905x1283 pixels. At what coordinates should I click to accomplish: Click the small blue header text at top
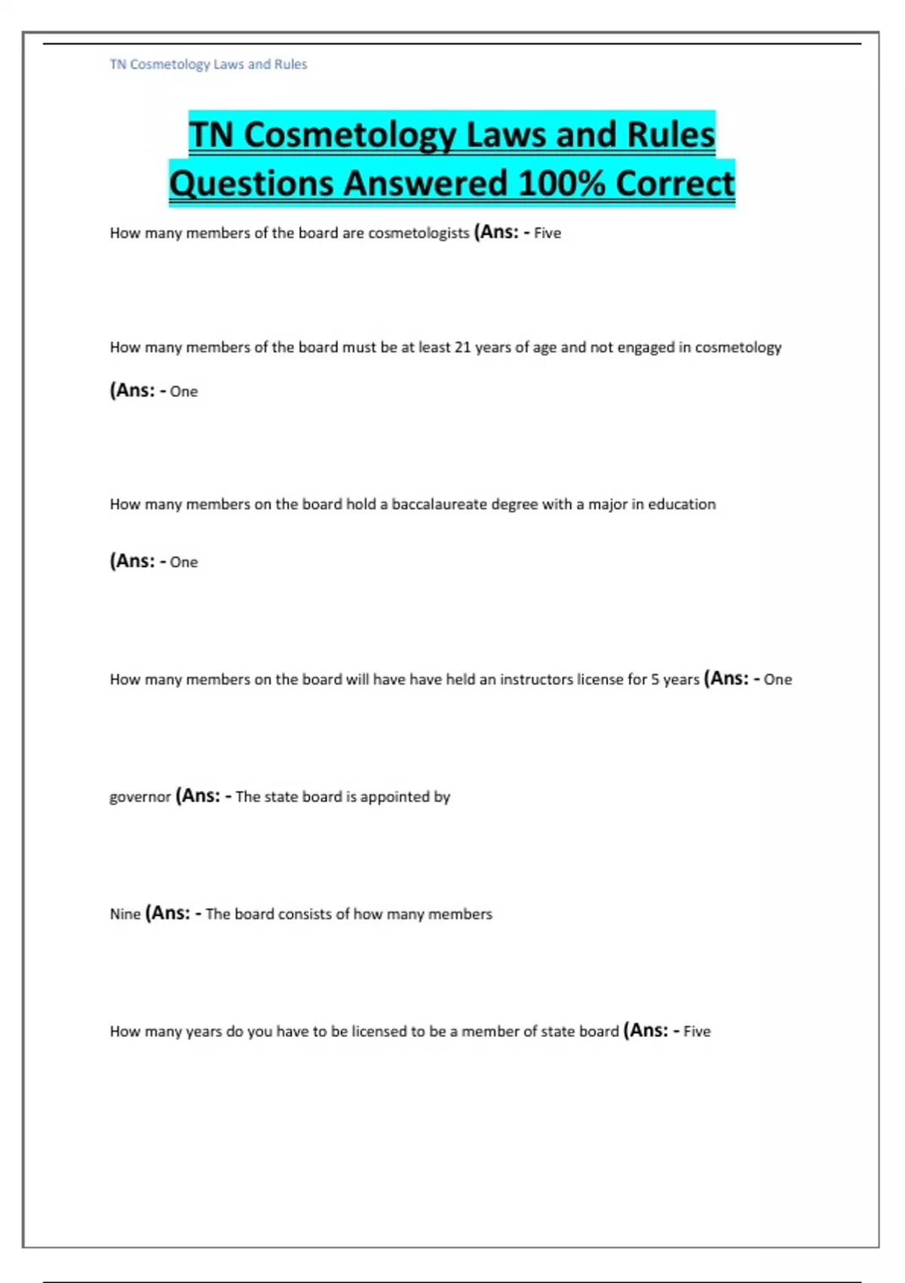tap(208, 64)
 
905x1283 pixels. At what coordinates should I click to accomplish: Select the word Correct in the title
tap(674, 183)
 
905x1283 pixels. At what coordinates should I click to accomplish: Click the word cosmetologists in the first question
tap(419, 233)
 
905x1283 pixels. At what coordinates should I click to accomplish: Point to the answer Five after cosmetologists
tap(548, 233)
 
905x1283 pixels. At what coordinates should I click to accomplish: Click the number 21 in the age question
tap(462, 347)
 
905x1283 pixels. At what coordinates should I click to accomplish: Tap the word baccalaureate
tap(439, 504)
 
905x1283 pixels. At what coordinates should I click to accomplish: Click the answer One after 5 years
tap(778, 679)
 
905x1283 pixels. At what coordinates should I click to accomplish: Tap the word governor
tap(140, 797)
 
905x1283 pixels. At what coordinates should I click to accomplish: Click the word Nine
tap(125, 914)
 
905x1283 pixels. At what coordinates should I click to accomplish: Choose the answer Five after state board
tap(697, 1032)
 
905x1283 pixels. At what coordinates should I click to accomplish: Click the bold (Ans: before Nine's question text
tap(168, 913)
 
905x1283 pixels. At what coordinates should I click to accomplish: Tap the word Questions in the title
tap(251, 183)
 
